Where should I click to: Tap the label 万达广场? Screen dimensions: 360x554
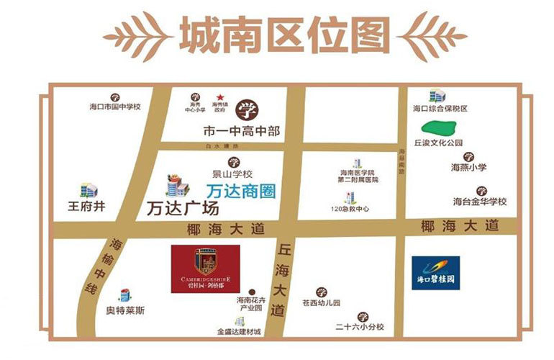click(x=183, y=209)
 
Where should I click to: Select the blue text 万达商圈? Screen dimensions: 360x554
click(x=231, y=192)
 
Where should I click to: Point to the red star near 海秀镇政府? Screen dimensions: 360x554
click(x=221, y=98)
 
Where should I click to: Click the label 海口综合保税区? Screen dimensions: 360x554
click(x=440, y=109)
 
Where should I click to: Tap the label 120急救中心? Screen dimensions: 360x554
click(x=350, y=209)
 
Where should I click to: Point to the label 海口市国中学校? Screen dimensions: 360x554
click(x=114, y=107)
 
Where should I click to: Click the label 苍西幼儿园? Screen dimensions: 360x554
click(x=321, y=303)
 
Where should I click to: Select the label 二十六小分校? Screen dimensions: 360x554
click(x=360, y=326)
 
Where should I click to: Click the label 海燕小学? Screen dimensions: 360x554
click(x=468, y=167)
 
